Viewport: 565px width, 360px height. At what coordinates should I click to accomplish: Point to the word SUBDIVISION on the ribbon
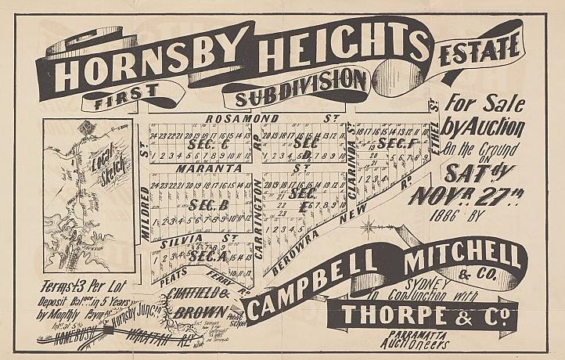click(x=296, y=97)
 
